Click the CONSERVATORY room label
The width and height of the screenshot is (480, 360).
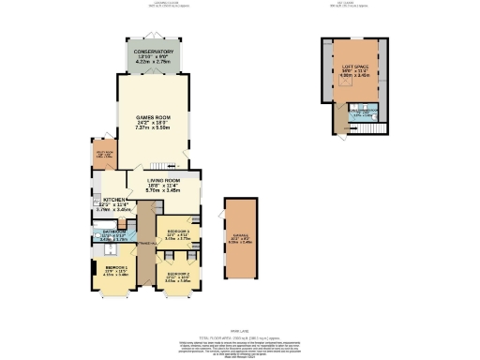tap(153, 52)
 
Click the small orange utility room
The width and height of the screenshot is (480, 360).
tap(104, 155)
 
